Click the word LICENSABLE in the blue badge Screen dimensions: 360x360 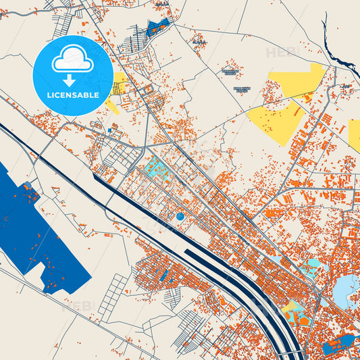coord(73,95)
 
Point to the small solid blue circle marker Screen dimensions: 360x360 coord(180,217)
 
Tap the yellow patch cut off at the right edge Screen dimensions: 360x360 coord(355,135)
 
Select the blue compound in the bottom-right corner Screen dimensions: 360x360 coord(338,345)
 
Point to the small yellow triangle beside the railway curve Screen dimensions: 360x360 coord(291,307)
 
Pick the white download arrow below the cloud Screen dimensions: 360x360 coord(70,80)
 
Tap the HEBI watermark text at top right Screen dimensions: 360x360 coord(281,52)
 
